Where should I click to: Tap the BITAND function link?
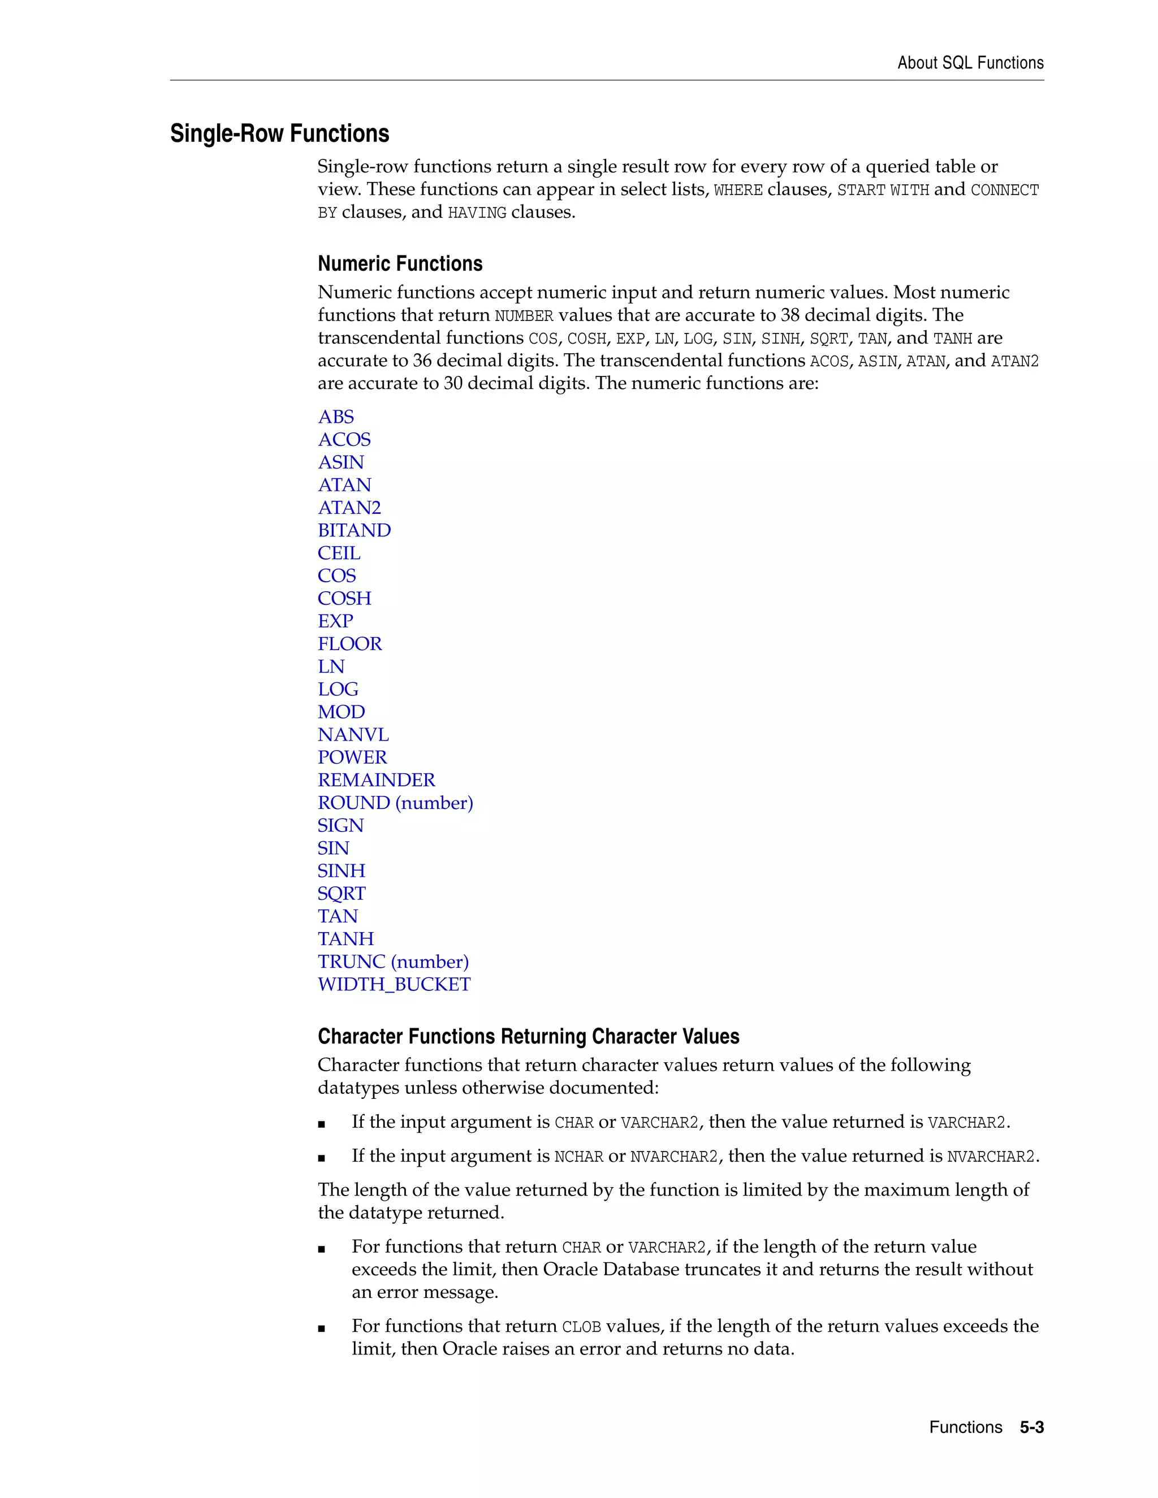coord(354,530)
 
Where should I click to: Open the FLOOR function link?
coord(349,643)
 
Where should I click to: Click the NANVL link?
coord(353,735)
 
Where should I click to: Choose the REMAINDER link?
coord(376,780)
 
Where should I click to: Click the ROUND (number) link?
coord(395,803)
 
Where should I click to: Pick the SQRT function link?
coord(341,894)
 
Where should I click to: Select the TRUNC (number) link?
coord(393,962)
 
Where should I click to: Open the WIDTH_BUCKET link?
coord(394,984)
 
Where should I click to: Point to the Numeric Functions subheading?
coord(400,263)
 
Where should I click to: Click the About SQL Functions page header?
coord(970,63)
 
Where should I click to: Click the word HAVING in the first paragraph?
coord(477,213)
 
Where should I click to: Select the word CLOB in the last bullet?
coord(581,1327)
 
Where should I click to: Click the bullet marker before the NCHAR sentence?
coord(321,1158)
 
